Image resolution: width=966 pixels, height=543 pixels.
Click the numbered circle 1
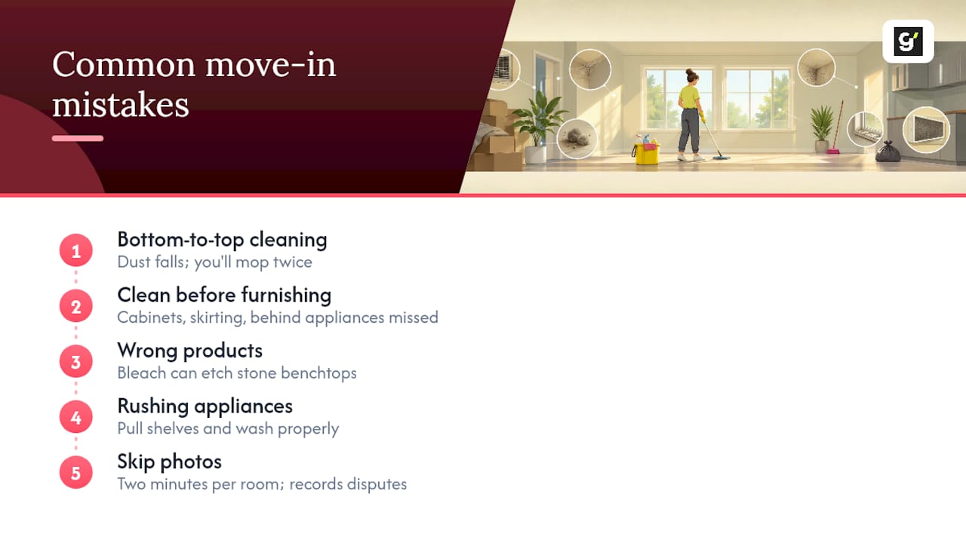point(76,250)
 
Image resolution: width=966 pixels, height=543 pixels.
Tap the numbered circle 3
point(76,361)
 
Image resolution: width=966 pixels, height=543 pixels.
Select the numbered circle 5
point(76,473)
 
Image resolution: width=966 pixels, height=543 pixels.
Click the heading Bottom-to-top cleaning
point(222,240)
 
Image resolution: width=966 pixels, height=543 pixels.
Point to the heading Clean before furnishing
point(224,296)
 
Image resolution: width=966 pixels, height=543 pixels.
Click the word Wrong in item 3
point(147,351)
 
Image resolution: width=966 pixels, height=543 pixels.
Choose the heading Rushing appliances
point(205,406)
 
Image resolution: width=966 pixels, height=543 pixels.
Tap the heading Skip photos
point(170,462)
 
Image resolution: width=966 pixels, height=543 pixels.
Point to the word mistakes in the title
point(121,105)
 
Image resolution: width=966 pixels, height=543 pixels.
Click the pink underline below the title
point(78,138)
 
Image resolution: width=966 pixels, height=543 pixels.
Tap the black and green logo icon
point(908,41)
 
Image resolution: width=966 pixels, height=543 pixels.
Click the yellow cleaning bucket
point(645,153)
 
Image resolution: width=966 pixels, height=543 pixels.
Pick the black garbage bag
point(888,152)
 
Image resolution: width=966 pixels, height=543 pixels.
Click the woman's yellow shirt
point(689,97)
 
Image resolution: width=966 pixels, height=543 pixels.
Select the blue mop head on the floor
point(721,158)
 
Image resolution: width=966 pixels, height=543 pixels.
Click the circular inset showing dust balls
point(577,139)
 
